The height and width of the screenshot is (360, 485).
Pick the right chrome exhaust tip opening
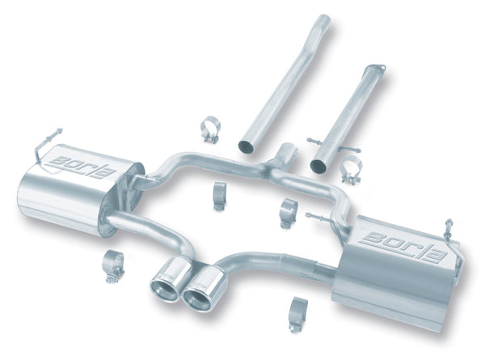[x=196, y=297]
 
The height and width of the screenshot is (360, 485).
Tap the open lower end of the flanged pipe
[x=317, y=165]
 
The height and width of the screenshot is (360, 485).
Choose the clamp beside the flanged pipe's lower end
[x=351, y=173]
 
